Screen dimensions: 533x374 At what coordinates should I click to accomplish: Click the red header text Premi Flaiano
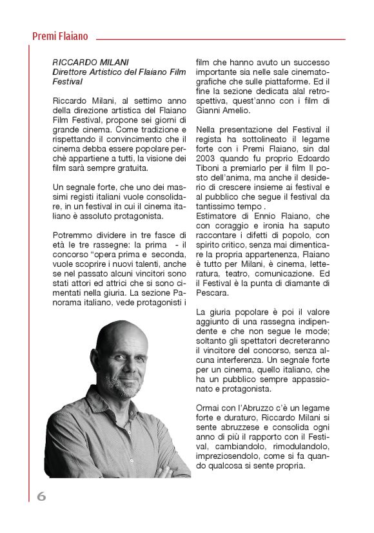(x=60, y=37)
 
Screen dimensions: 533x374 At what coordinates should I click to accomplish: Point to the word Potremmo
(x=74, y=235)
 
